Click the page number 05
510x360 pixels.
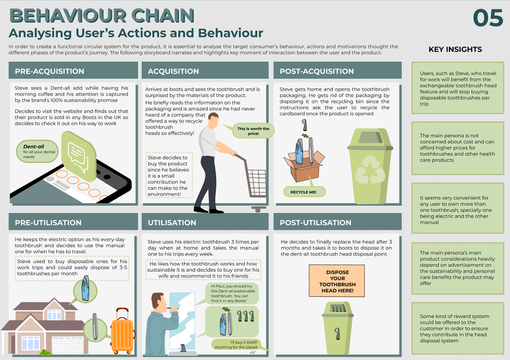coord(488,18)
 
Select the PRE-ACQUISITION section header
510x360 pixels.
coord(49,71)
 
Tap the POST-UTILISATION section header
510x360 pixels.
coord(315,222)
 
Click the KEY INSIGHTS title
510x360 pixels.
coord(455,49)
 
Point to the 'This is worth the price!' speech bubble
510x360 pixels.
coord(253,131)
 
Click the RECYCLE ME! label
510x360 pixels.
coord(303,192)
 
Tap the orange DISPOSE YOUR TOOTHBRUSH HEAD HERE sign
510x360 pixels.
coord(337,281)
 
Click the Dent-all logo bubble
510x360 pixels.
coord(37,151)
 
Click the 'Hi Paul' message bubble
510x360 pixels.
coord(232,293)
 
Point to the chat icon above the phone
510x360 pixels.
coord(78,155)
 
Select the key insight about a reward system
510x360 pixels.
coord(457,328)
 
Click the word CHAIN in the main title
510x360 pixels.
coord(163,16)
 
